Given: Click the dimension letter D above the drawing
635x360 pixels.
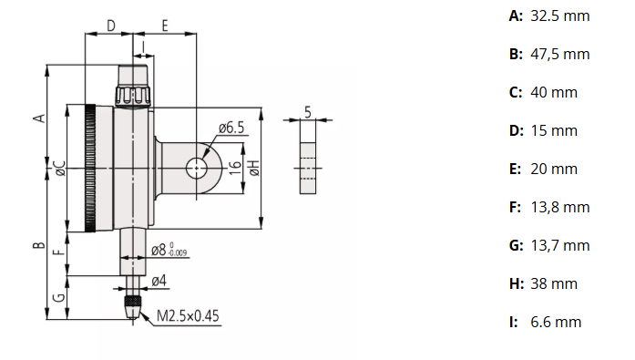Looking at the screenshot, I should click(110, 26).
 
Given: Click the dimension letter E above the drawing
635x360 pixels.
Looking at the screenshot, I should click(165, 26).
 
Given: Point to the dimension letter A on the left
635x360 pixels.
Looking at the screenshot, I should click(38, 118).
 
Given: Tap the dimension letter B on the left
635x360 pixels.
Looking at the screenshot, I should click(38, 244).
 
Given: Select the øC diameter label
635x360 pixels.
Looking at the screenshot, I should click(58, 169).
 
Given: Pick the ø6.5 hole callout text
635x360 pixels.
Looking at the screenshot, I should click(231, 129).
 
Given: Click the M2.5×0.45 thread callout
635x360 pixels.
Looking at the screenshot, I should click(188, 316).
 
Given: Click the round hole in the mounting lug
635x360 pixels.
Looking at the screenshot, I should click(197, 168).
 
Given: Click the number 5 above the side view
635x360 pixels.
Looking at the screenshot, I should click(308, 111).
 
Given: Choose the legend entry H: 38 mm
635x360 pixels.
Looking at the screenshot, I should click(543, 283).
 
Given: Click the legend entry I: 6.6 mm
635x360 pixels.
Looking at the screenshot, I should click(544, 322).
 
